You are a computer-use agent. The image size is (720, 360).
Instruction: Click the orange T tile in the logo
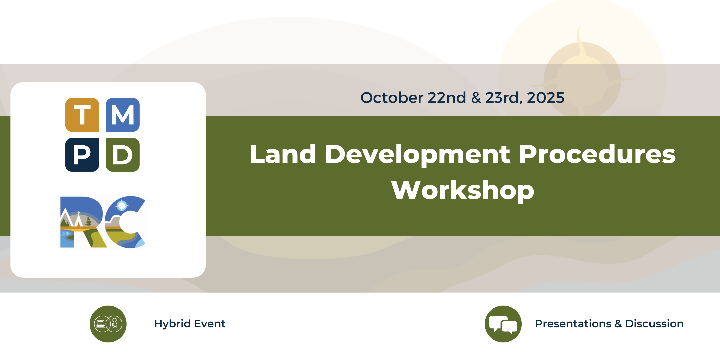(x=82, y=115)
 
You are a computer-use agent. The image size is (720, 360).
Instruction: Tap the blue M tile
(x=123, y=115)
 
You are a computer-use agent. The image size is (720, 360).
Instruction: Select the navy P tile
(x=82, y=155)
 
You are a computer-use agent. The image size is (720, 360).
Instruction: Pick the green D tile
(x=123, y=155)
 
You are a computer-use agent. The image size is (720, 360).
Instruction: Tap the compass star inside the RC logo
(x=122, y=206)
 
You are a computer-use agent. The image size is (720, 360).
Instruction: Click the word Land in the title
(x=283, y=154)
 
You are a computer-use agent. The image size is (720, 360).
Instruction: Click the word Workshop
(x=463, y=190)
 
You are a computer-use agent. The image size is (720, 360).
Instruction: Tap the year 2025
(x=546, y=98)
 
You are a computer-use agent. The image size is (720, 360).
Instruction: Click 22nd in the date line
(x=447, y=98)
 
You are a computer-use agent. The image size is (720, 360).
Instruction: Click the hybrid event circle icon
(x=108, y=324)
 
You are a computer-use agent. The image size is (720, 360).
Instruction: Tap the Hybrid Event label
(x=190, y=324)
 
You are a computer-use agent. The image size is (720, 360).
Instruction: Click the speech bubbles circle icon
(x=503, y=324)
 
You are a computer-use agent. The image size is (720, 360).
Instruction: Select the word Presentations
(x=573, y=324)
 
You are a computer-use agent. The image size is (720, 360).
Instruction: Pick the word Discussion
(x=654, y=324)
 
